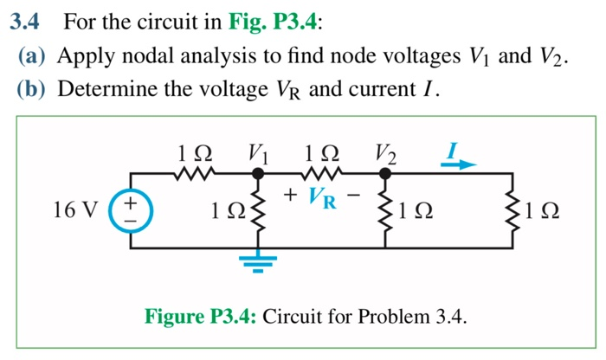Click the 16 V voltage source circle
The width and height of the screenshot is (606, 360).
click(x=131, y=210)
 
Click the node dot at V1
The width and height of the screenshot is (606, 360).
click(x=257, y=173)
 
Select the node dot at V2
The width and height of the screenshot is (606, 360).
click(x=385, y=173)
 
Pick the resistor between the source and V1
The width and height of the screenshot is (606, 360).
click(x=192, y=173)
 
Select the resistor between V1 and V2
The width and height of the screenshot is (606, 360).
click(x=321, y=173)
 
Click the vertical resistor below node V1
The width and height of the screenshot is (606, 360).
click(x=257, y=210)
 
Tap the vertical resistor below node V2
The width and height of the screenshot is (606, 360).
click(x=385, y=210)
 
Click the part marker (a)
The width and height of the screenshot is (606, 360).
click(x=35, y=57)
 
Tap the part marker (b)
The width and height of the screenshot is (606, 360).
click(x=35, y=89)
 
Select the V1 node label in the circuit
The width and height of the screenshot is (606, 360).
click(x=256, y=154)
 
